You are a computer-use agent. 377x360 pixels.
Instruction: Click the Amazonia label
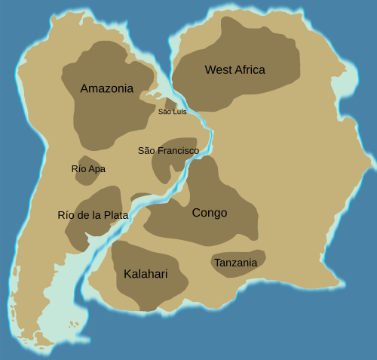coord(106,88)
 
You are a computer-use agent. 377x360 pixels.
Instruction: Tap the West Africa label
coord(234,70)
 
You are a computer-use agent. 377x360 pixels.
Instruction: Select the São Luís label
coord(172,112)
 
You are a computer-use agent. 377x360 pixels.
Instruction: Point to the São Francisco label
coord(168,151)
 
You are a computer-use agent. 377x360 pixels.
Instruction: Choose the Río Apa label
coord(88,169)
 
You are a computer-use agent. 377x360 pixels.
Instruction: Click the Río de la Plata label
coord(93,215)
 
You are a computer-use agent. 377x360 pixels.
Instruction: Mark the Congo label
coord(210,213)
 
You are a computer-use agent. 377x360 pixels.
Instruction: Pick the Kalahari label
coord(146,274)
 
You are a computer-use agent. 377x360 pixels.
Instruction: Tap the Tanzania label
coord(235,263)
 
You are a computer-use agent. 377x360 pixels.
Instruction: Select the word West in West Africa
coord(217,70)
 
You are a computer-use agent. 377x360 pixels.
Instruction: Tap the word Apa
coord(97,169)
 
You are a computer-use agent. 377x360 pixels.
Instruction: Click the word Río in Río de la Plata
coord(66,215)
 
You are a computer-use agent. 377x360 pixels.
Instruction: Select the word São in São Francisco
coord(146,151)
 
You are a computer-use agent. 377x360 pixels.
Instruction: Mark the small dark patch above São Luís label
coord(170,103)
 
